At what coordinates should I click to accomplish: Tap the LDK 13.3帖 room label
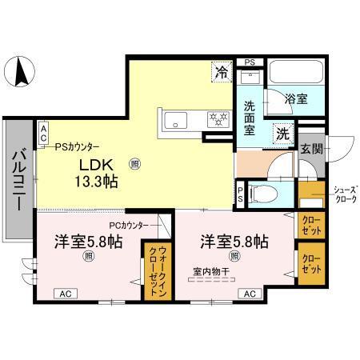[98, 173]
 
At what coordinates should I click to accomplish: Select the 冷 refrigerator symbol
[222, 73]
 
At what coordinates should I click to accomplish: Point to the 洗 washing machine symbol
[282, 134]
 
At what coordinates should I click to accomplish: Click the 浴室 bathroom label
[296, 99]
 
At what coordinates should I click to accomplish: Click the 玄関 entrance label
[311, 149]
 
